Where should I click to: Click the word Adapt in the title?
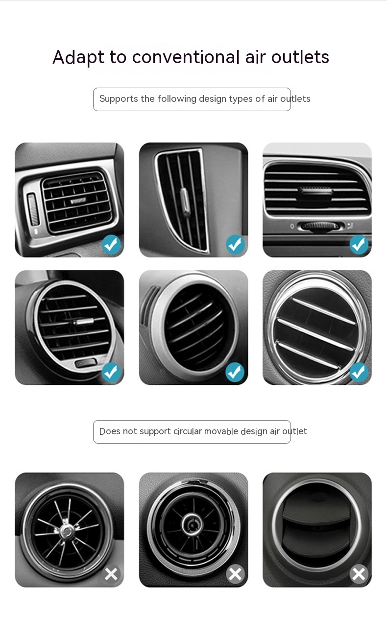[78, 57]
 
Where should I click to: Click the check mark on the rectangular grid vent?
[111, 244]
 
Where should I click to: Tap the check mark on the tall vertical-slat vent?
[235, 244]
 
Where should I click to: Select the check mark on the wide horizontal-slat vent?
[359, 244]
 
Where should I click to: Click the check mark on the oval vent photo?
[111, 372]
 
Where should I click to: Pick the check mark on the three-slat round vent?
[359, 372]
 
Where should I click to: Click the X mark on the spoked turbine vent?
[111, 574]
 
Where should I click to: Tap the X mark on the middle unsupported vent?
[235, 574]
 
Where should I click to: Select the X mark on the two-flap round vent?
[359, 574]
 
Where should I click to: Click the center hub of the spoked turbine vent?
[67, 531]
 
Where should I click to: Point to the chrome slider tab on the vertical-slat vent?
[185, 200]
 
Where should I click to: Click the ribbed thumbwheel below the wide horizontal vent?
[320, 226]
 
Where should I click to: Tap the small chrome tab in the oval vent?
[83, 322]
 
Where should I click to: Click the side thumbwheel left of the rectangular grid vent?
[33, 210]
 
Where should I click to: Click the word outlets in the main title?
[300, 57]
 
